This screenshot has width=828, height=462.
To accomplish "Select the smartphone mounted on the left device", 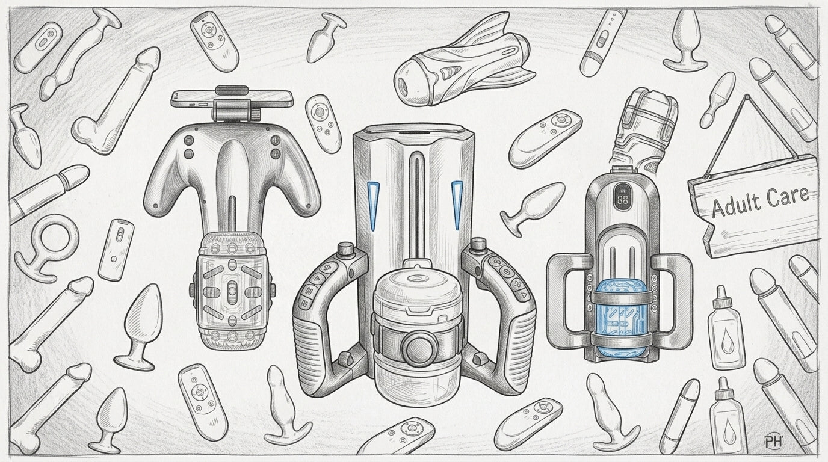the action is pyautogui.click(x=232, y=98).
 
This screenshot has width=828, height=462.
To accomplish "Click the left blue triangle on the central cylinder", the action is pyautogui.click(x=374, y=205).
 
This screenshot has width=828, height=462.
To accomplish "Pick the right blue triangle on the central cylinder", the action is pyautogui.click(x=457, y=205).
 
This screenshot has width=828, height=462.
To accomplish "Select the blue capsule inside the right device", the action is pyautogui.click(x=621, y=317).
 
